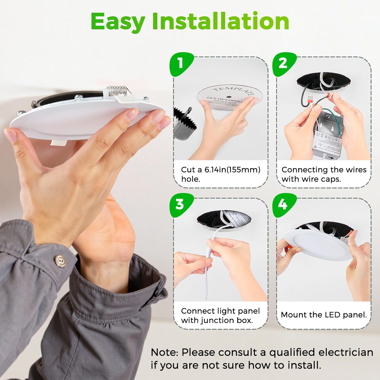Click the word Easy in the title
[118, 22]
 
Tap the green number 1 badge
[180, 63]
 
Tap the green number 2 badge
[283, 63]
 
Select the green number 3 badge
[180, 204]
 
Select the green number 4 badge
[283, 204]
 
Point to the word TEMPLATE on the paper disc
[233, 91]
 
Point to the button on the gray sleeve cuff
[60, 261]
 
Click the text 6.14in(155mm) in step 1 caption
[232, 169]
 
